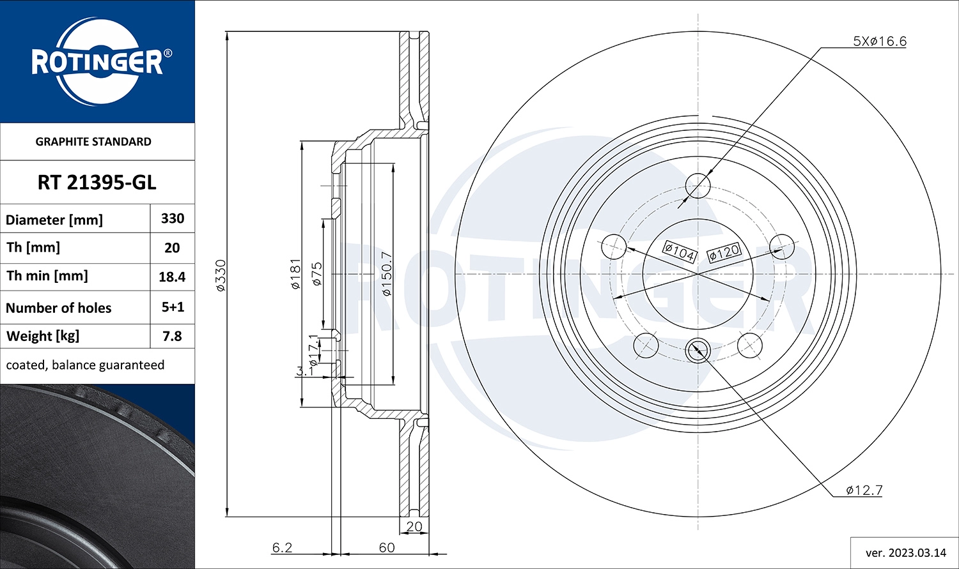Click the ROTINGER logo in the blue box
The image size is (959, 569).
tap(97, 62)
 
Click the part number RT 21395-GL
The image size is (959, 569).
tap(97, 183)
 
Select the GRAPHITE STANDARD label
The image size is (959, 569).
tap(93, 142)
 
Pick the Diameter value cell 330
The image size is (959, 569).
tap(173, 218)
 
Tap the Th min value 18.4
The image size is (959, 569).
tap(172, 277)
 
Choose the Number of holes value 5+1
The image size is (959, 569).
tap(173, 307)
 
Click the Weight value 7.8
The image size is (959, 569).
tap(172, 336)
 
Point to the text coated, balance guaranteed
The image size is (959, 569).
tap(85, 365)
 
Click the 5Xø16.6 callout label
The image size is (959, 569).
tap(880, 42)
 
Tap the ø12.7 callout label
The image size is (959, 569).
tap(864, 490)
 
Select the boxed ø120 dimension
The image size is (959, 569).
tap(724, 252)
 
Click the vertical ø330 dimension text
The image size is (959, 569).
tap(221, 275)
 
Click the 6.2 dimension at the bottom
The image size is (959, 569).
tap(282, 547)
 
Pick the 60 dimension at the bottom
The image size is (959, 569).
tap(386, 547)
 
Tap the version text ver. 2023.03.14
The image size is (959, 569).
tap(905, 552)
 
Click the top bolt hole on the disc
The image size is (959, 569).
tap(698, 186)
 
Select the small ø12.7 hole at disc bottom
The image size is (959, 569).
tap(698, 350)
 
